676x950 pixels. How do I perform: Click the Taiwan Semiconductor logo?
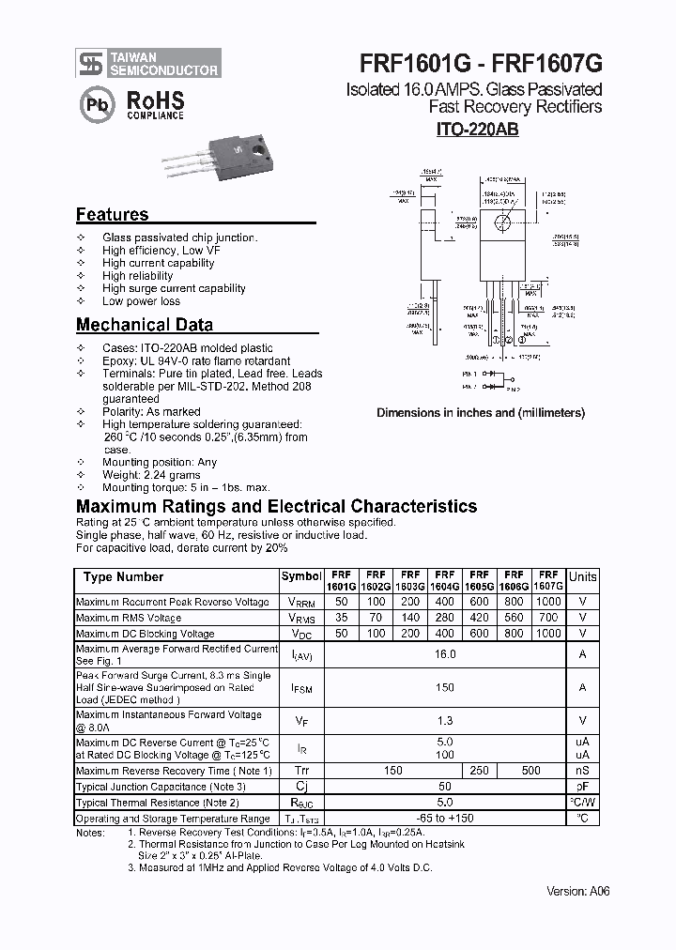point(148,63)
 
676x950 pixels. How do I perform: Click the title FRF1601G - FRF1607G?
point(481,63)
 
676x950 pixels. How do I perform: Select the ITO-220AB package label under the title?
point(477,130)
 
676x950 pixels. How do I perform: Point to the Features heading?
point(112,214)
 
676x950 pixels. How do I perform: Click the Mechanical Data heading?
point(144,325)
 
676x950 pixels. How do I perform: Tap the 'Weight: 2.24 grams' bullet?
point(151,475)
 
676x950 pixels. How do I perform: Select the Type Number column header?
point(123,577)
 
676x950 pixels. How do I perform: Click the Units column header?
point(582,577)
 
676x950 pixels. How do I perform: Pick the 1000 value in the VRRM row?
point(548,602)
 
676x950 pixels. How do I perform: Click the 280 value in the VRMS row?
point(445,618)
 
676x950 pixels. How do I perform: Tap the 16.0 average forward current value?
point(445,654)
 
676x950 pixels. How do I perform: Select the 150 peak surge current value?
point(445,687)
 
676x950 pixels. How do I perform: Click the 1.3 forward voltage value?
point(445,720)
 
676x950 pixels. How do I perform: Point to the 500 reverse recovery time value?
point(530,770)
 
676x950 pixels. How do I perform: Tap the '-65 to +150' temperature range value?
point(445,819)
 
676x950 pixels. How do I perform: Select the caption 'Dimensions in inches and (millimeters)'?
point(481,412)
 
